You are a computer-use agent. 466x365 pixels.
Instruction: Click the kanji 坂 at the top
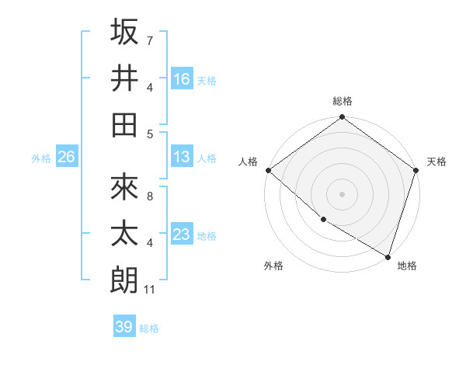(125, 32)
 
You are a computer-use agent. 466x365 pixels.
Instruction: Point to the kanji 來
(125, 188)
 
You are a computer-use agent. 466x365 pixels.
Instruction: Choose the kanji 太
(125, 234)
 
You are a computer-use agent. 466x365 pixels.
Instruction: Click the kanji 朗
(125, 280)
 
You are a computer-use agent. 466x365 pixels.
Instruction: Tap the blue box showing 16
(182, 78)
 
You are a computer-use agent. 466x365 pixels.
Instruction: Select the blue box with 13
(182, 157)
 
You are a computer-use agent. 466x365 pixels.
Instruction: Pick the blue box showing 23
(182, 235)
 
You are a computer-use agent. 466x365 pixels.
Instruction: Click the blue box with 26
(66, 157)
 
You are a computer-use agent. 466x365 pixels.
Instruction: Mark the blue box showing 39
(124, 327)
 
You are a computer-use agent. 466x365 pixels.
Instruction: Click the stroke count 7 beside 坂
(149, 40)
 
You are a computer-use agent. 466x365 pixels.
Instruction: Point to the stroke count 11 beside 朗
(151, 290)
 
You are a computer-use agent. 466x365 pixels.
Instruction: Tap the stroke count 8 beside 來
(149, 196)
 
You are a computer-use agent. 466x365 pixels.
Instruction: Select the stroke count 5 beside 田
(149, 134)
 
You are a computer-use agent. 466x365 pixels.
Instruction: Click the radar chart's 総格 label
(342, 101)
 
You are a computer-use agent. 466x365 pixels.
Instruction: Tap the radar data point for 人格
(268, 170)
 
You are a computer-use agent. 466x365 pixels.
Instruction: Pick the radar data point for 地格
(388, 256)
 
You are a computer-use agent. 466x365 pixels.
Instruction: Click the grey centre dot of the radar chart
(342, 193)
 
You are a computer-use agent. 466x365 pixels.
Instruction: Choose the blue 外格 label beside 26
(41, 158)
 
